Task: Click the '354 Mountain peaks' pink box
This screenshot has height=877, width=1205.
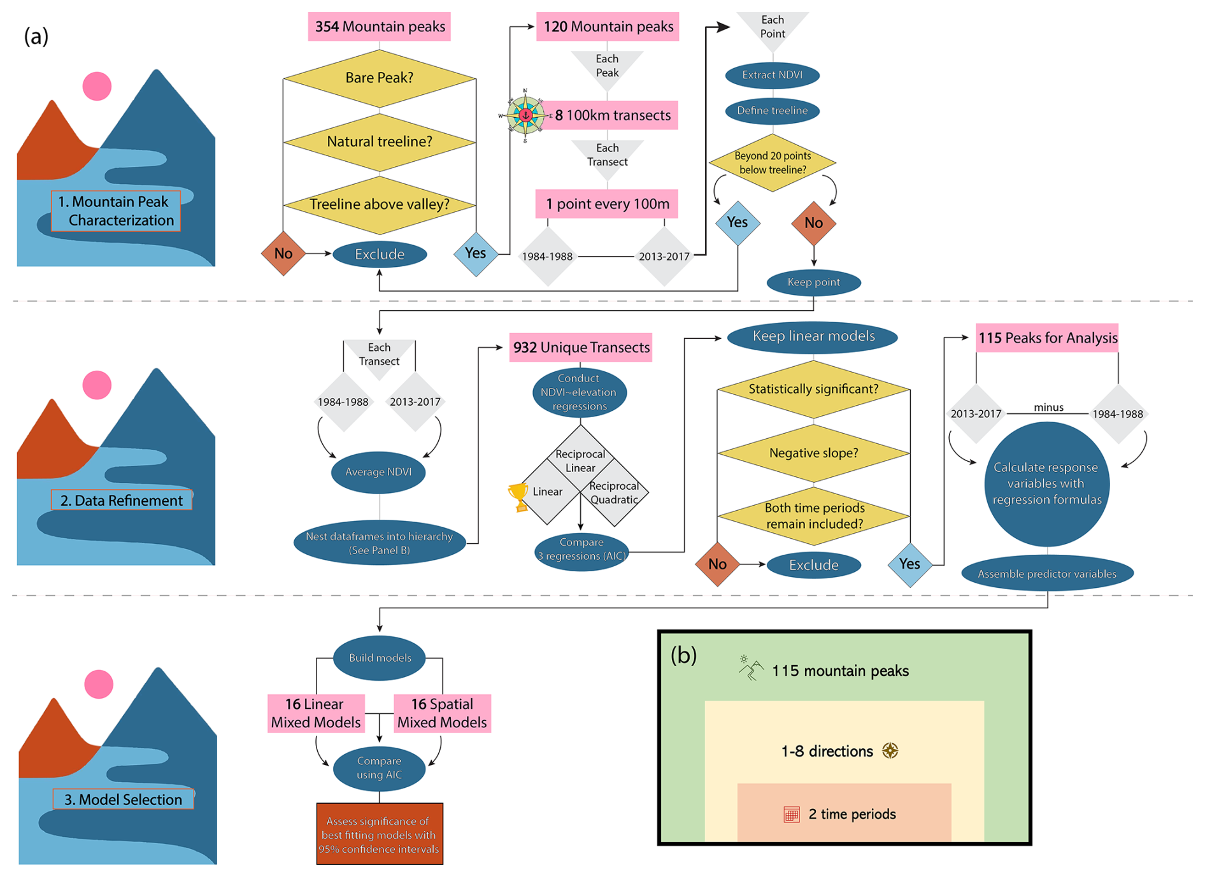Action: point(380,27)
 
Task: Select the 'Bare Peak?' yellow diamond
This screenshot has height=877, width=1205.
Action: point(380,78)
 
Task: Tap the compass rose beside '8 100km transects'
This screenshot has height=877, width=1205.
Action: point(525,115)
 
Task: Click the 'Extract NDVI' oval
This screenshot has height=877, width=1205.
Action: point(772,75)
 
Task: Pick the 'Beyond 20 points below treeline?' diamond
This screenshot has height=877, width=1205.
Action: point(772,163)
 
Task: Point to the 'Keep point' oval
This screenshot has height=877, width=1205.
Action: point(813,282)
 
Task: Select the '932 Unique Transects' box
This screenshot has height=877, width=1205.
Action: point(581,348)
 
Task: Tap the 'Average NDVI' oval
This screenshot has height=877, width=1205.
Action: point(378,472)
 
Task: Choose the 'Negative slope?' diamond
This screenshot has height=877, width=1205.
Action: point(813,453)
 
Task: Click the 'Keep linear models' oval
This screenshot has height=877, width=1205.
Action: point(813,336)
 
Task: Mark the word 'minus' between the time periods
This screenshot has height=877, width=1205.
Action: point(1048,408)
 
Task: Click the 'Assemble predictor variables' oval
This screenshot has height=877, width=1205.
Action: point(1047,574)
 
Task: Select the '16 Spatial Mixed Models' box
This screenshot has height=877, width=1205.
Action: point(442,713)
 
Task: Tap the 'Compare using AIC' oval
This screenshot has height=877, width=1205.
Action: point(379,768)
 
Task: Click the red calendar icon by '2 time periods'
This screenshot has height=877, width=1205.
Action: point(792,815)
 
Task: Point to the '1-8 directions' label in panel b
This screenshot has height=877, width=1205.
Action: point(827,752)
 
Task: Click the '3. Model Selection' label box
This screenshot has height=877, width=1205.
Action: point(123,799)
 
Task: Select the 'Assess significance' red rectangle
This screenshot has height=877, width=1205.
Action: point(380,834)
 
